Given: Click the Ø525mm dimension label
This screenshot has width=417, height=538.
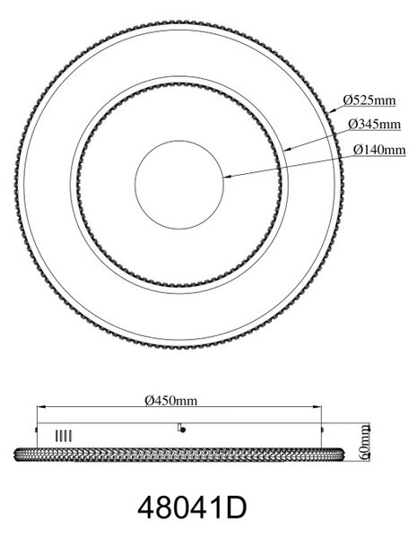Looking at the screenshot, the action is click(x=369, y=100).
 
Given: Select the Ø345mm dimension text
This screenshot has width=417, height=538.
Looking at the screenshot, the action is click(x=374, y=124).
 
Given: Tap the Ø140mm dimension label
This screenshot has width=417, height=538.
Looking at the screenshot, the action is click(x=379, y=150).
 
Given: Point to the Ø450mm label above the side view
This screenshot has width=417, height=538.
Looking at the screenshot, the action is click(x=171, y=400).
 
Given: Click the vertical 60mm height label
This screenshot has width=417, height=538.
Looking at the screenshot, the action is click(x=365, y=441).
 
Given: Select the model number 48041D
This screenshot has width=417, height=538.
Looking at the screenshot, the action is click(x=192, y=508).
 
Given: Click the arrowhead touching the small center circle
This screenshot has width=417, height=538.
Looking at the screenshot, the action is click(x=228, y=177).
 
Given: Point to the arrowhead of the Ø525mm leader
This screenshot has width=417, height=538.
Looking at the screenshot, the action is click(x=332, y=111).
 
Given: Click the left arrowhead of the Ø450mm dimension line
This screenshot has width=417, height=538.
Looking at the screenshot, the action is click(x=41, y=406).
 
